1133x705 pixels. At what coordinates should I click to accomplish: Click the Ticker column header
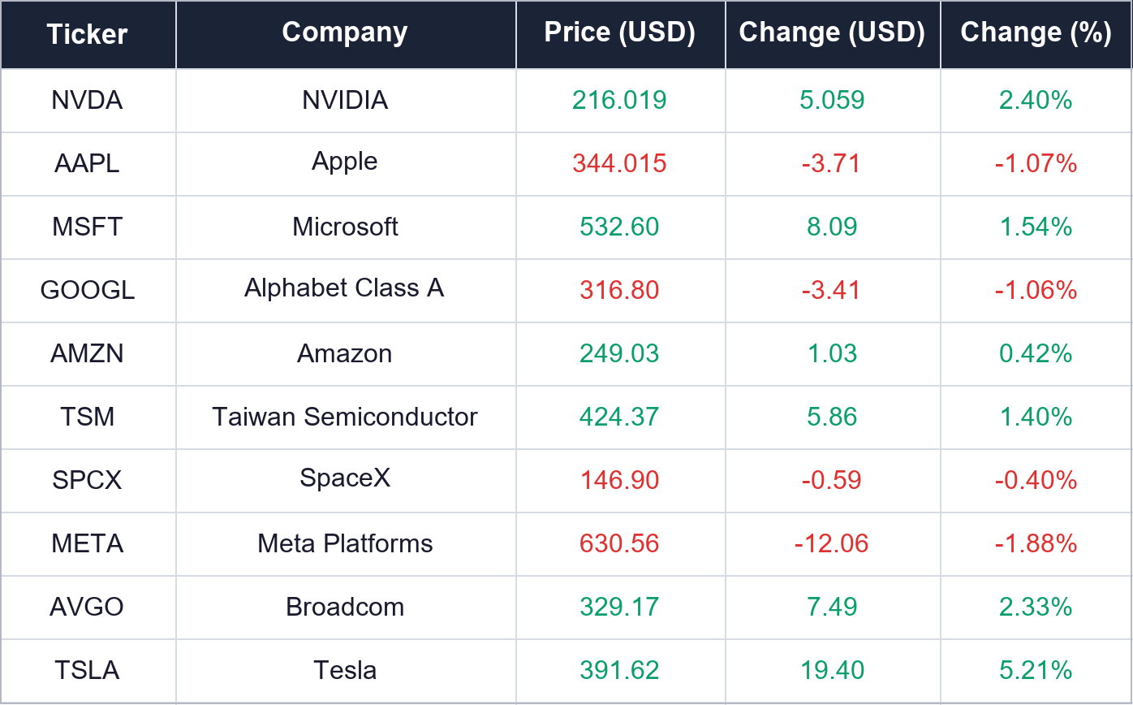point(87,34)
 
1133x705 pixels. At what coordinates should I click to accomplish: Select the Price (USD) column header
point(619,32)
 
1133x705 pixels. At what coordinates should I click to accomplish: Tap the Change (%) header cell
point(1036,32)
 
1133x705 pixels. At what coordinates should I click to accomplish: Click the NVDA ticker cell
point(87,100)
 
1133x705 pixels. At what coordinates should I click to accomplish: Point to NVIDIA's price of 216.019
point(619,100)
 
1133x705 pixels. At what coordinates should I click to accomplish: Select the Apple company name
point(344,162)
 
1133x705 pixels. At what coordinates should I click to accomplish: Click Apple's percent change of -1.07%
point(1036,163)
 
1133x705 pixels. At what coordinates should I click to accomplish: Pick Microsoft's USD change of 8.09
point(832,227)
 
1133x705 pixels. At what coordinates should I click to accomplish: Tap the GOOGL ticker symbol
point(88,290)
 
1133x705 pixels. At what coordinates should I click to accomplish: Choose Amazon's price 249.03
point(619,353)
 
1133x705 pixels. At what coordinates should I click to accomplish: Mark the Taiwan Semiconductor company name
point(344,417)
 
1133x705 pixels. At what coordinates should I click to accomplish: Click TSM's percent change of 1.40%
point(1036,417)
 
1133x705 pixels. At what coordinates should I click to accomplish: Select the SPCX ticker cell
point(87,480)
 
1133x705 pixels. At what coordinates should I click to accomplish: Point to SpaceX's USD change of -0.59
point(832,480)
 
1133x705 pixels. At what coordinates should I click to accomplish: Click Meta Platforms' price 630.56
point(619,543)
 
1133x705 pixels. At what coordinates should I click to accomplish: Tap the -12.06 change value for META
point(832,543)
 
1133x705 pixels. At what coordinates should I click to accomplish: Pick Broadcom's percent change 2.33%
point(1036,606)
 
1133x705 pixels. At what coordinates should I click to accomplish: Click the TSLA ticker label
point(87,670)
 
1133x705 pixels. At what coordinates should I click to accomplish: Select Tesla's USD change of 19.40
point(832,670)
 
